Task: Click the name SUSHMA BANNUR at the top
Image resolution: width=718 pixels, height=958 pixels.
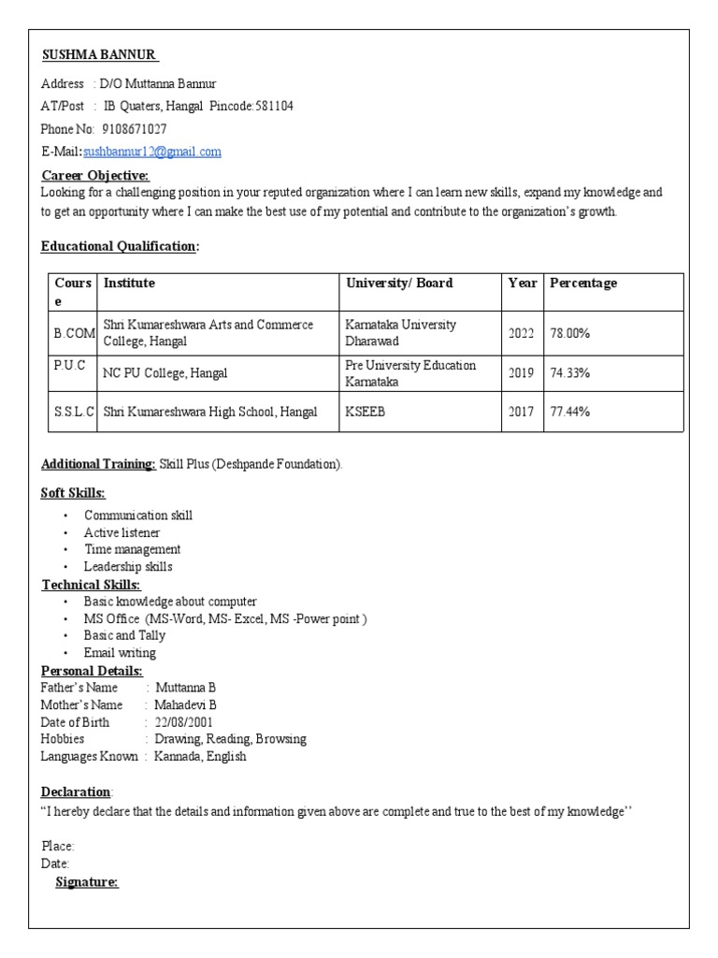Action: click(x=100, y=54)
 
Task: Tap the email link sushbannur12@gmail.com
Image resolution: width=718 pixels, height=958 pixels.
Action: click(x=151, y=152)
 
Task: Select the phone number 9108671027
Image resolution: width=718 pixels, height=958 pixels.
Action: click(x=135, y=128)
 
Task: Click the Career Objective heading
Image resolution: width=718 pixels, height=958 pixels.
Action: click(x=95, y=175)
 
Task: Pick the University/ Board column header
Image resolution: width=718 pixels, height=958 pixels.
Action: click(x=399, y=283)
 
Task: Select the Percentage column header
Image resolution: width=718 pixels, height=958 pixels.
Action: click(x=583, y=283)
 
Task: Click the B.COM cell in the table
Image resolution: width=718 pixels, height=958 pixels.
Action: click(x=73, y=333)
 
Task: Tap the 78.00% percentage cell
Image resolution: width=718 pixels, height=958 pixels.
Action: click(x=569, y=333)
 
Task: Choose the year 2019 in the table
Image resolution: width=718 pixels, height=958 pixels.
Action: click(x=521, y=373)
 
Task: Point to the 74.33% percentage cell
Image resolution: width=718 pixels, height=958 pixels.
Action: click(x=569, y=373)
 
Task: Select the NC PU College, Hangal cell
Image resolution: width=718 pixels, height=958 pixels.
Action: click(x=165, y=373)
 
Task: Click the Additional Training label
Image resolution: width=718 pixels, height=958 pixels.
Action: click(x=98, y=464)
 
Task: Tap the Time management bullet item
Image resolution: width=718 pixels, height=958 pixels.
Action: click(x=132, y=549)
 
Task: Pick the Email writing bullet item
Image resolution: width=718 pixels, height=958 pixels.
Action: click(x=120, y=652)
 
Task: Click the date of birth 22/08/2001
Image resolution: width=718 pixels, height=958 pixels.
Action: click(x=186, y=721)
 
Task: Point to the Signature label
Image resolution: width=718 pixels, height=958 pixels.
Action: click(x=87, y=881)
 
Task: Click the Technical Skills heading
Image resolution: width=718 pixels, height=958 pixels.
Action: click(x=92, y=585)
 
